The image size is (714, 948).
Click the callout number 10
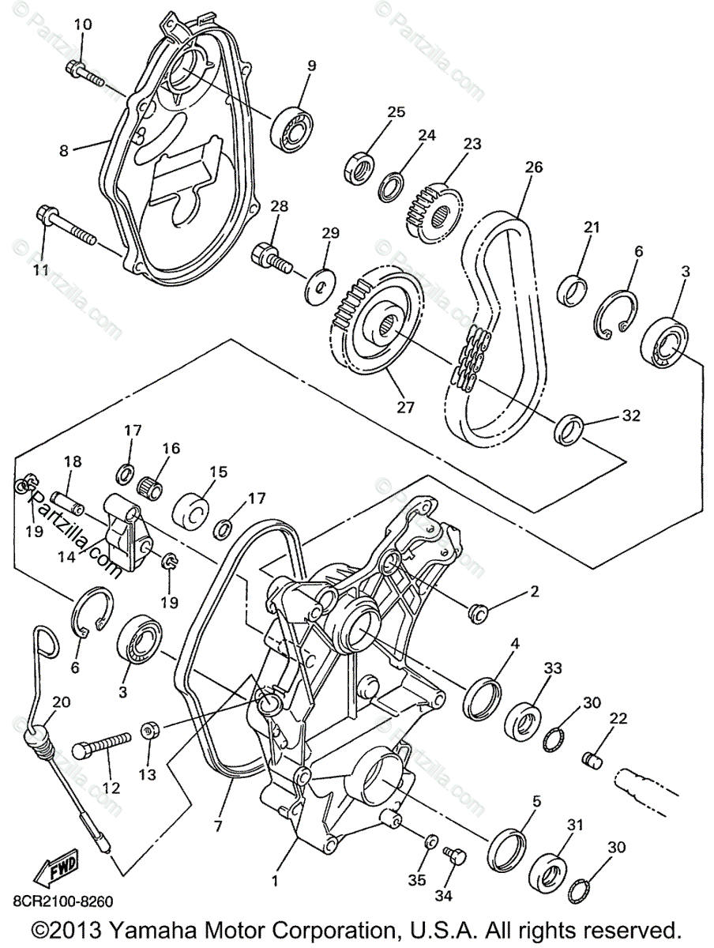pyautogui.click(x=82, y=25)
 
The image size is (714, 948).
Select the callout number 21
pyautogui.click(x=592, y=228)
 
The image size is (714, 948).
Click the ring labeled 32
pyautogui.click(x=572, y=427)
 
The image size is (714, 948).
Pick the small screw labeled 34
pyautogui.click(x=457, y=856)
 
